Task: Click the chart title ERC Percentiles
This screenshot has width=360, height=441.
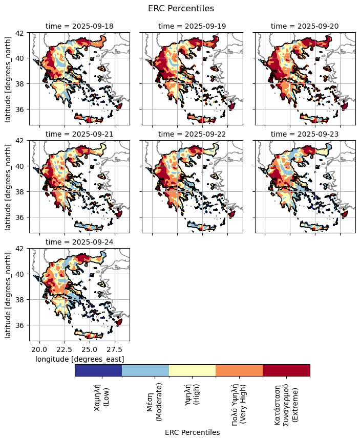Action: (181, 8)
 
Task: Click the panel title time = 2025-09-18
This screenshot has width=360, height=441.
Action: (79, 26)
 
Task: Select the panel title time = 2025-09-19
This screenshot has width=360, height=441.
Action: (192, 26)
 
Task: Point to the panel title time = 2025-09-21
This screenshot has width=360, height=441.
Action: (79, 134)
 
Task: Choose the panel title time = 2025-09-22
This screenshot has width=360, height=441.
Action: (192, 134)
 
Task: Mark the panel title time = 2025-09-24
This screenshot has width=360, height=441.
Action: (79, 242)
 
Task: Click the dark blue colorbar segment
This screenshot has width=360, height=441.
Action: (98, 370)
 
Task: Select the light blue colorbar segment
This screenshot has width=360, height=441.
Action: (145, 370)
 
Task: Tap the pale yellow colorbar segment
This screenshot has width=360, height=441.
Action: (192, 370)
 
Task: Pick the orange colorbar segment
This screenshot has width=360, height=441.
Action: (239, 370)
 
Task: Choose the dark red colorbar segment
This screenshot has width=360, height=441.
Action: (286, 370)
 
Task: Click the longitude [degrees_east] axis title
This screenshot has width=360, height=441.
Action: (79, 359)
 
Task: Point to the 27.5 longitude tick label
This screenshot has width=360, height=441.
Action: (115, 349)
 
